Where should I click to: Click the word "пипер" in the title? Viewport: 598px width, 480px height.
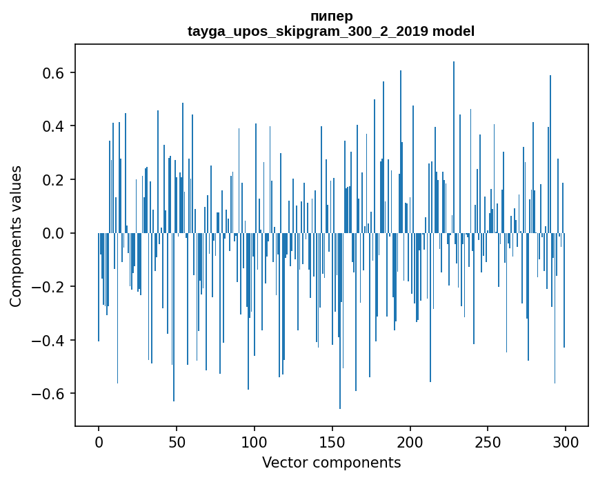point(331,17)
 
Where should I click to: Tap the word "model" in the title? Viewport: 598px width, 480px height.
point(453,32)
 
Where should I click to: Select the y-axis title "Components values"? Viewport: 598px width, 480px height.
point(15,236)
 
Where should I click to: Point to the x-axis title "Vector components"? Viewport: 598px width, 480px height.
point(331,462)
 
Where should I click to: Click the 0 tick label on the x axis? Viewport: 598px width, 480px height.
point(99,441)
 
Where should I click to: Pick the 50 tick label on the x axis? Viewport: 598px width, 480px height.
point(177,441)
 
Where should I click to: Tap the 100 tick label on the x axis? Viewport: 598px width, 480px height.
point(255,441)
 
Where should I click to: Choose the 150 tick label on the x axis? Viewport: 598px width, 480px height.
point(332,441)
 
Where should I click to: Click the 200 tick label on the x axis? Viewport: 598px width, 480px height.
point(410,441)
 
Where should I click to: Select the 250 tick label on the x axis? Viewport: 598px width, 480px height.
point(488,441)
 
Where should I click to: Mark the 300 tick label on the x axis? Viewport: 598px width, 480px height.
point(566,441)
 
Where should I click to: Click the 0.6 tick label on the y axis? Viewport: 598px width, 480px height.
point(56,73)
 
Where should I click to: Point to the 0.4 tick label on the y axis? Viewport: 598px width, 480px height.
point(56,127)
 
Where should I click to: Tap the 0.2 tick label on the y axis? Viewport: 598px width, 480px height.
point(56,180)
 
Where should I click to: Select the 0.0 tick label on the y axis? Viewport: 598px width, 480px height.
point(56,234)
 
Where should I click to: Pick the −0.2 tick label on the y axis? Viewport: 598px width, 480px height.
point(51,287)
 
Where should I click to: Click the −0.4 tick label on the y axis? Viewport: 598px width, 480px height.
point(51,341)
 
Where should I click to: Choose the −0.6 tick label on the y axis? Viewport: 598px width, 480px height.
point(51,394)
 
